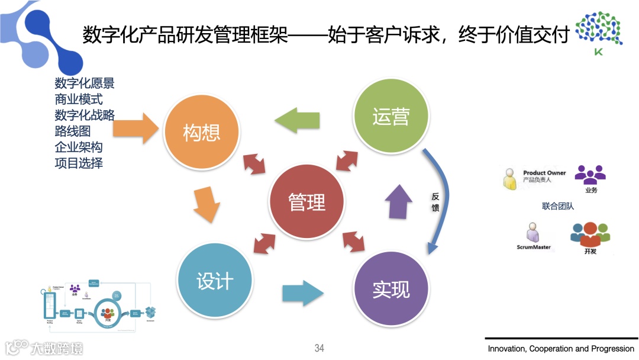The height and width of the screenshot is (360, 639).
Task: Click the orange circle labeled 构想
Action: click(202, 132)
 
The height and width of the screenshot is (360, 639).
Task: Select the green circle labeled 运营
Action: click(390, 117)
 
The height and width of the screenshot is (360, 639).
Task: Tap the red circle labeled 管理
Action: click(306, 202)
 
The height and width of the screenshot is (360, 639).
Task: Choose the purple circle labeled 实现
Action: click(390, 289)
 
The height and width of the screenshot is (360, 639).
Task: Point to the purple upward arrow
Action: click(399, 201)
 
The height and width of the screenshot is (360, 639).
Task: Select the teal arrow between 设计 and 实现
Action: click(303, 292)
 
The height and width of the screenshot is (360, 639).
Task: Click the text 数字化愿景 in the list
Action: click(84, 83)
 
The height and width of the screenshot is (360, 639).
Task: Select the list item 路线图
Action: click(72, 131)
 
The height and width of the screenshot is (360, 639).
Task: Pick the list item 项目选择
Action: click(79, 162)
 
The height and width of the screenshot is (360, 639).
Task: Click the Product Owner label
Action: click(544, 173)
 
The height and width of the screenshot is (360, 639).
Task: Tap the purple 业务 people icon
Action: click(590, 175)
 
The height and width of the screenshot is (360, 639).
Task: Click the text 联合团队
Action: click(558, 206)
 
